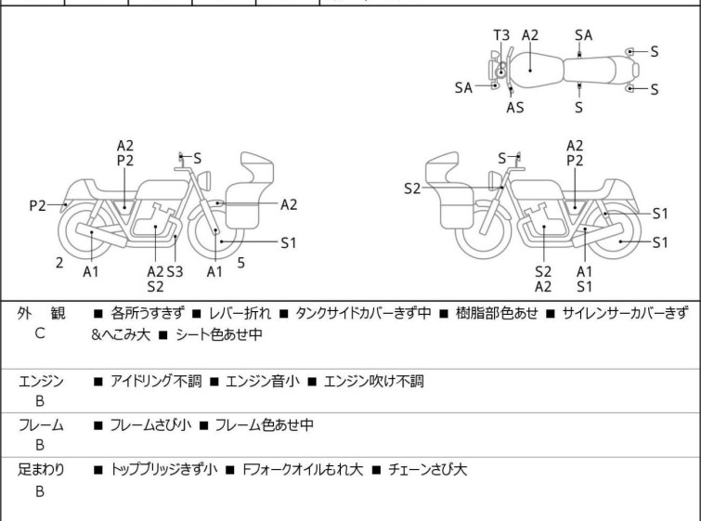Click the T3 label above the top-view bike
[x=500, y=35]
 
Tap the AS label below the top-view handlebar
[x=514, y=107]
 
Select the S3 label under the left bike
[x=175, y=271]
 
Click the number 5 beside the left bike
[x=240, y=263]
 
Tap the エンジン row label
[x=41, y=381]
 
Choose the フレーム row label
[x=41, y=425]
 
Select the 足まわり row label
[x=41, y=470]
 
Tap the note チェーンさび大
[x=423, y=470]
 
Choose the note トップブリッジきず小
[x=163, y=470]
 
